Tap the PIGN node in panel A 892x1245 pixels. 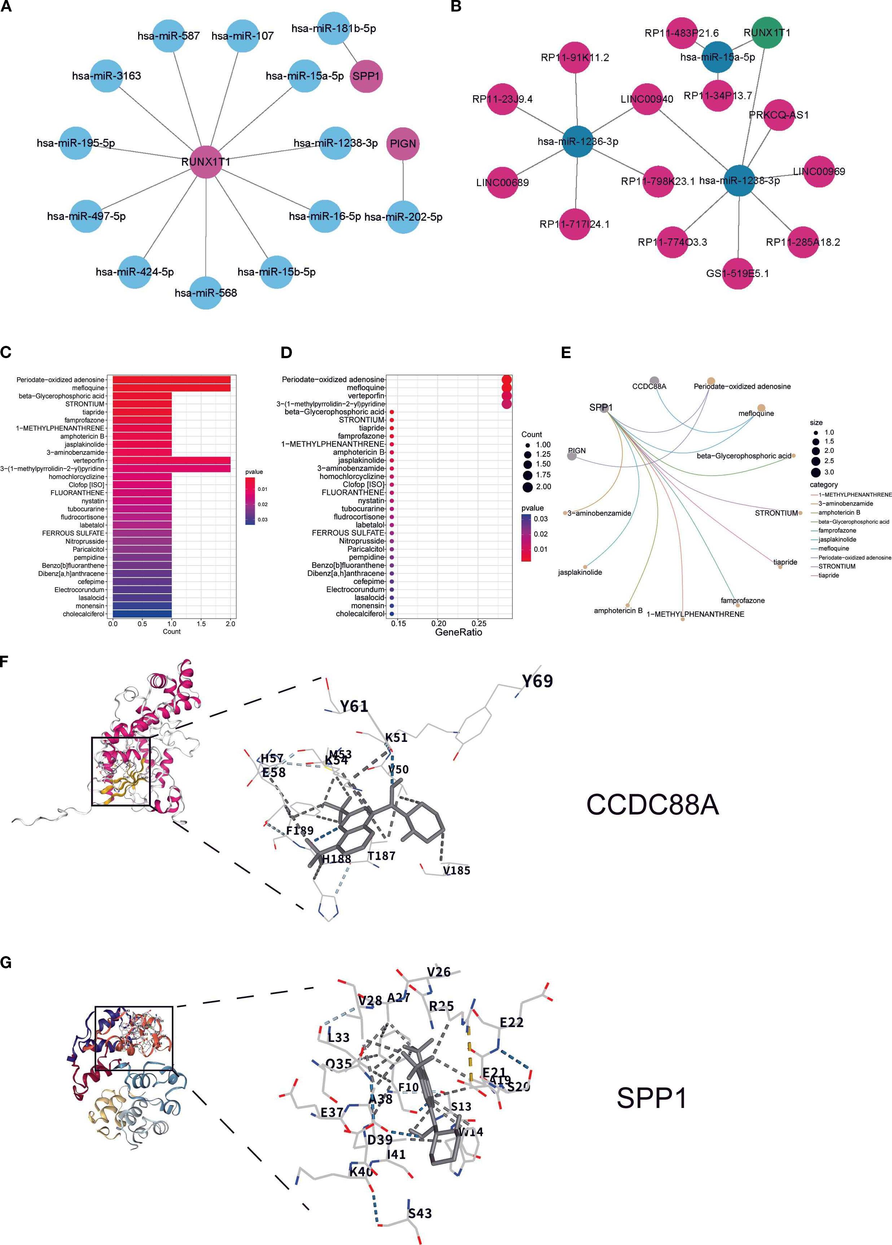403,144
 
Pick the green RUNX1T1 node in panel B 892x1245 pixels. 767,32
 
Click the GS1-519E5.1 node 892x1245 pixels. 738,273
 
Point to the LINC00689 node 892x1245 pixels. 503,182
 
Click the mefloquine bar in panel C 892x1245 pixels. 169,388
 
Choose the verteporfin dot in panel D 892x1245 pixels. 506,396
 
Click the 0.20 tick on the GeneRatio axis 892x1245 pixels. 438,623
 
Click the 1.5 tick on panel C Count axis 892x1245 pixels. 201,624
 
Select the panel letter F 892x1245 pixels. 4,661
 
